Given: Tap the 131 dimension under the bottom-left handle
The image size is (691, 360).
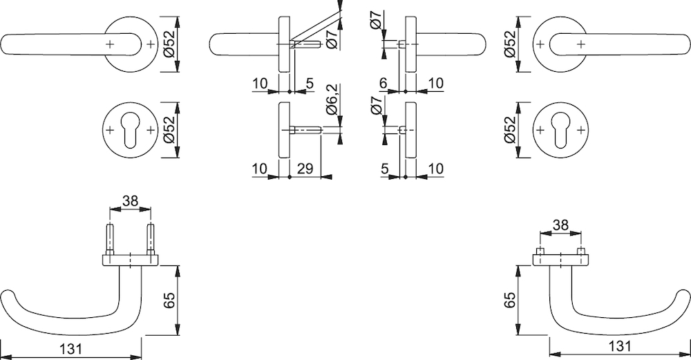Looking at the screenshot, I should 71,349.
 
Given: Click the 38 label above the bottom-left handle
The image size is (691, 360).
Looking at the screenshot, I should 129,201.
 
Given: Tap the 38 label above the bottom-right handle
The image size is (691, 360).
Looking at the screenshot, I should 561,225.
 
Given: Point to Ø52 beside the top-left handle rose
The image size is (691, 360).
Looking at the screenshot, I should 167,44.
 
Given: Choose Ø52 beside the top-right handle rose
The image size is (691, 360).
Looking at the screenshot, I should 510,44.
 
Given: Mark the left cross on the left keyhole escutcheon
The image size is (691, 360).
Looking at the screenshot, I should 109,131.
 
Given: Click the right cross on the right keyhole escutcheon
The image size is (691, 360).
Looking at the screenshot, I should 582,131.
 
